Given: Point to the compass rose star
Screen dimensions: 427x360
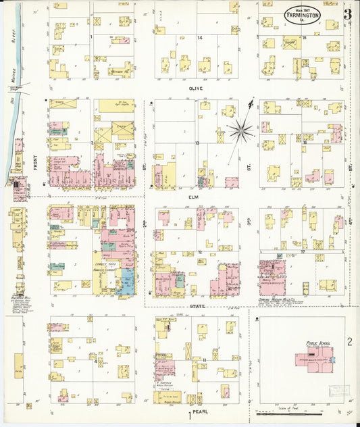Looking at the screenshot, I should point(240,128).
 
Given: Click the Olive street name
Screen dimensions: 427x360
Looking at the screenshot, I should point(196,88).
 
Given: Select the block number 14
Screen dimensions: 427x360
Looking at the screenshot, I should point(200,38).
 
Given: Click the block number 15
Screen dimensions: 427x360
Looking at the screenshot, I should point(305,38).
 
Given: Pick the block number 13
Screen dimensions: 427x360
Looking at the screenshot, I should point(197,144).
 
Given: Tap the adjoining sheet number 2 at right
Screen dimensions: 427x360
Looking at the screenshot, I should point(349,341).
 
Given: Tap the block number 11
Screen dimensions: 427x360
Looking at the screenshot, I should point(203,359).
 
